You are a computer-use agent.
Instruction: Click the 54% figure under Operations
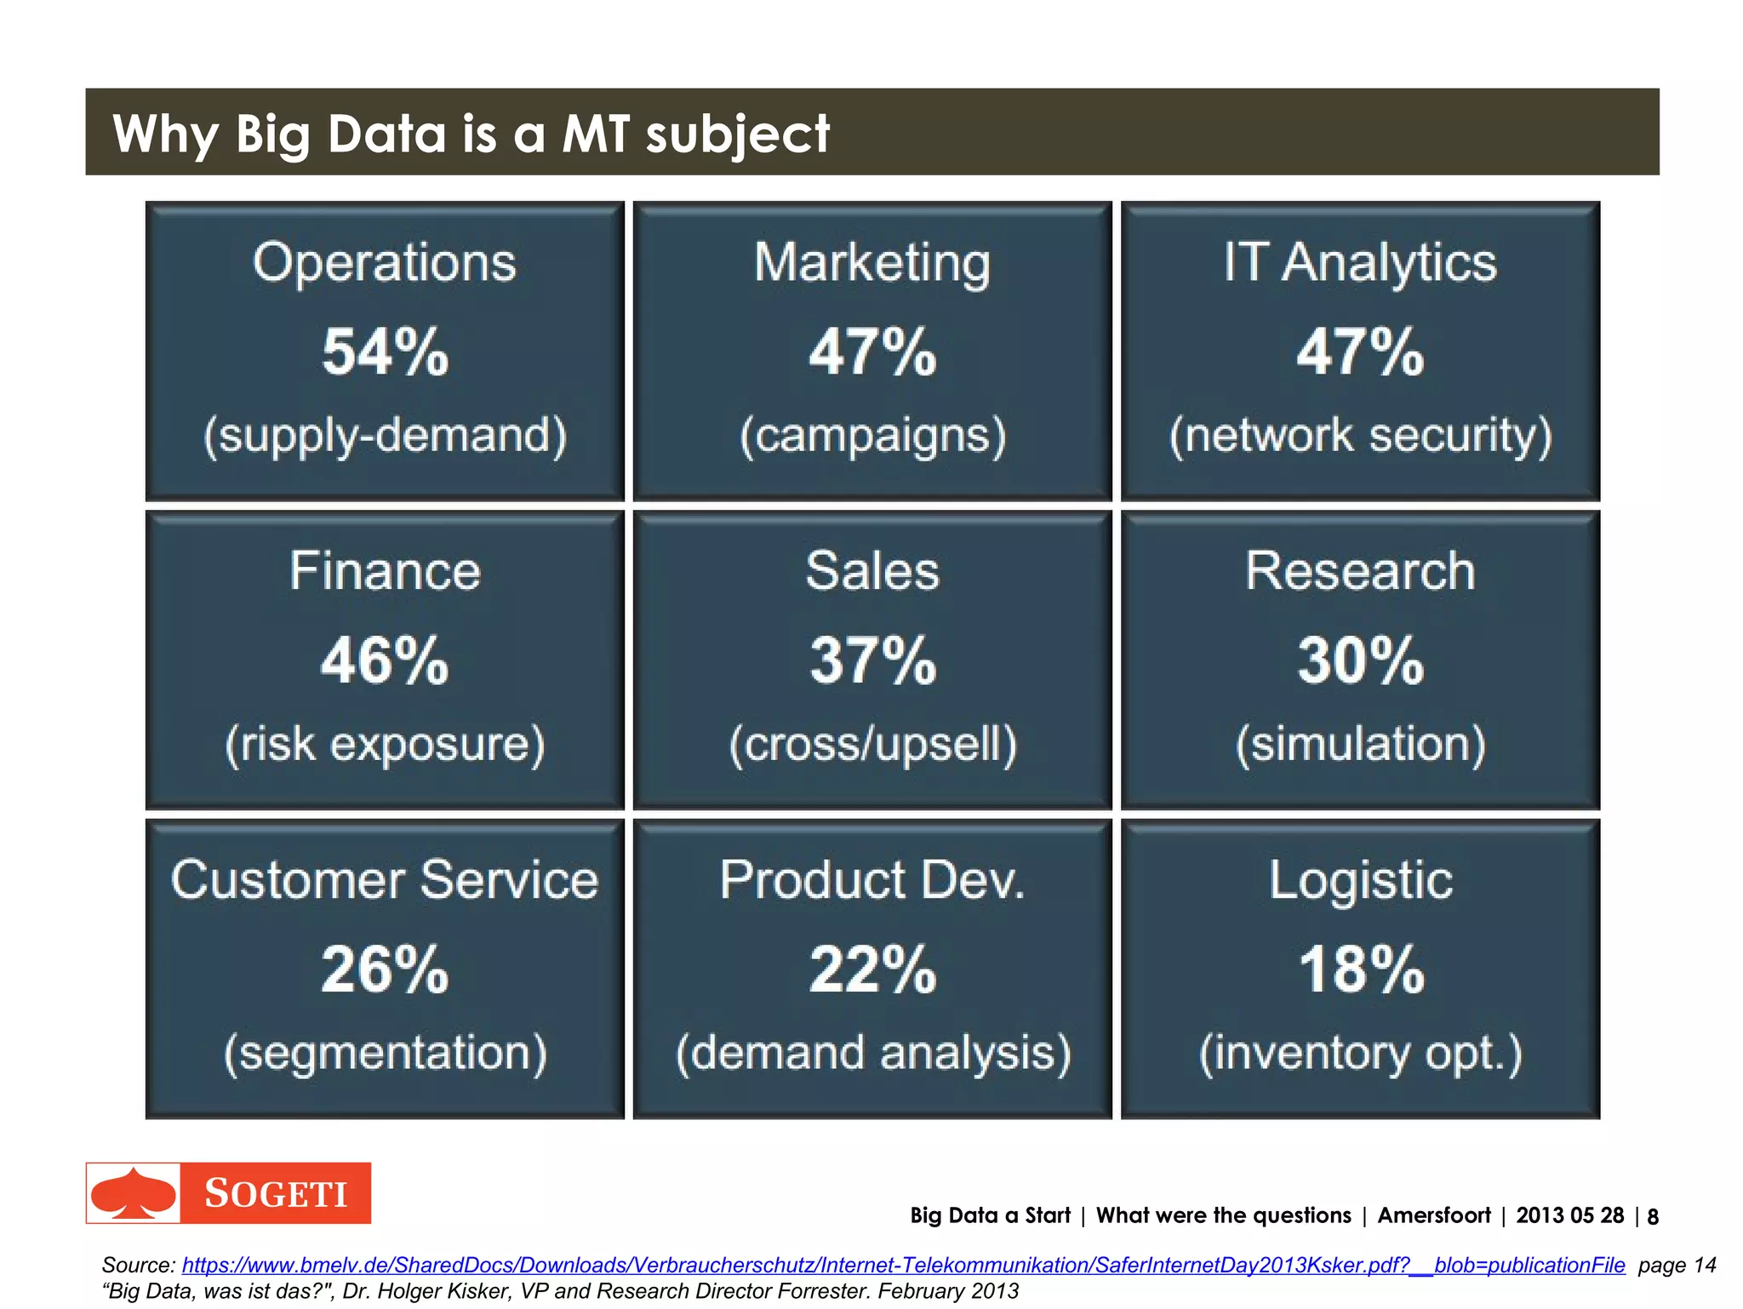pos(385,352)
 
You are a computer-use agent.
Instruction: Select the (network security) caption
pos(1360,435)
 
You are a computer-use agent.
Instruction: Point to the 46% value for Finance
pos(385,660)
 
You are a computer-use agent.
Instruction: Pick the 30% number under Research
pos(1360,660)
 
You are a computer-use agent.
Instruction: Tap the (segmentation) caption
pos(385,1053)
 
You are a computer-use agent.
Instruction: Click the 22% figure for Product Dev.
pos(872,969)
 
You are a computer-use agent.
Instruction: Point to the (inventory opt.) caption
pos(1360,1053)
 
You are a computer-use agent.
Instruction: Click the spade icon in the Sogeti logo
pos(134,1193)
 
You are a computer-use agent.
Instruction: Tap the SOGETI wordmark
pos(276,1193)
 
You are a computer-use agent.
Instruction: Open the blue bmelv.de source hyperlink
pos(903,1265)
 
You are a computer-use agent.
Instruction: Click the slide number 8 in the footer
pos(1653,1216)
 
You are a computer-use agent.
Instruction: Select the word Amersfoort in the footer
pos(1434,1215)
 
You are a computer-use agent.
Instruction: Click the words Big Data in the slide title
pos(340,134)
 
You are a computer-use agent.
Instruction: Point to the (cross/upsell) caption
pos(872,744)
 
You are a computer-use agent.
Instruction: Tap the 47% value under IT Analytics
pos(1360,352)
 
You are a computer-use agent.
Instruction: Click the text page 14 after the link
pos(1677,1265)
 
